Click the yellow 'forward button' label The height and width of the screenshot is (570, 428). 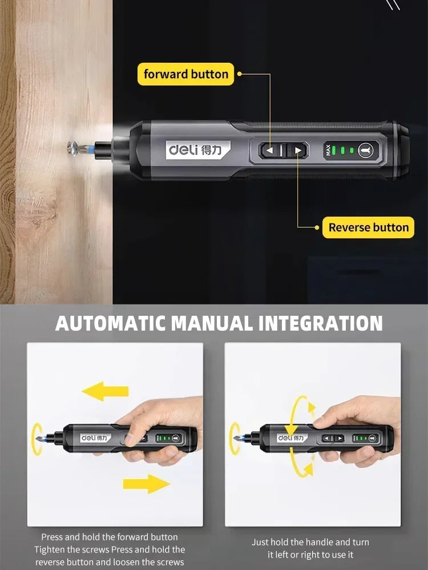pyautogui.click(x=185, y=74)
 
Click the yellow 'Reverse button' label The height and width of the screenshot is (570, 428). pyautogui.click(x=369, y=227)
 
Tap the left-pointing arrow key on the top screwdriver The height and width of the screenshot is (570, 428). pyautogui.click(x=270, y=150)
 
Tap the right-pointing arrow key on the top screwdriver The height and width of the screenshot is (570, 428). pyautogui.click(x=297, y=150)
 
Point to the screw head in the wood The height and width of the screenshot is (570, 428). pyautogui.click(x=72, y=148)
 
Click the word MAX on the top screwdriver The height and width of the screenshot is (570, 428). pyautogui.click(x=328, y=150)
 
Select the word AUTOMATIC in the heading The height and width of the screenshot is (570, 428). pyautogui.click(x=111, y=323)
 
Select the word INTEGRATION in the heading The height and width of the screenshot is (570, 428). pyautogui.click(x=320, y=323)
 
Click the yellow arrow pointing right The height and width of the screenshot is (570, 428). pyautogui.click(x=147, y=484)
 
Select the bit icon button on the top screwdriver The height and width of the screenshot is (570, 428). pyautogui.click(x=365, y=150)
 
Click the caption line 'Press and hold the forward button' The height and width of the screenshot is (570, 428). pyautogui.click(x=109, y=537)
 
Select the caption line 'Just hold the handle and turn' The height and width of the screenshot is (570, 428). pyautogui.click(x=310, y=542)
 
